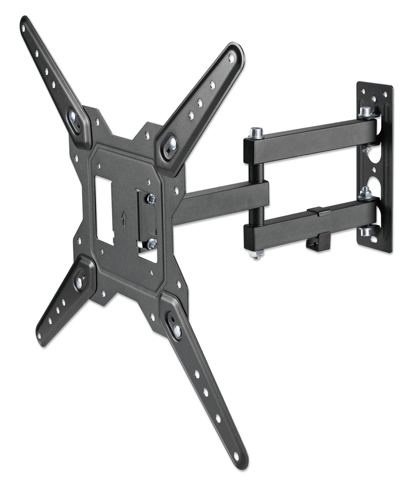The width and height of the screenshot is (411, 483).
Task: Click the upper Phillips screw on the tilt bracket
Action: click(x=151, y=197)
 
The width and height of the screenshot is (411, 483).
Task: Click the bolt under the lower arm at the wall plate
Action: click(x=366, y=232)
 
